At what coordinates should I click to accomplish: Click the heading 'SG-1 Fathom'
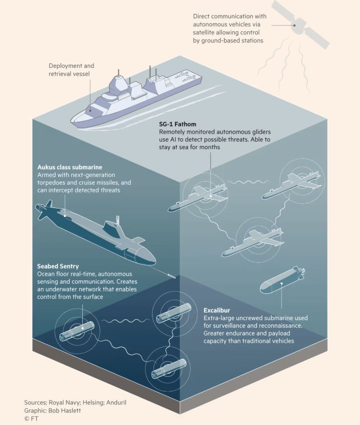coord(178,124)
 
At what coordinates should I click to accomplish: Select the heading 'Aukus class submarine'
coord(70,167)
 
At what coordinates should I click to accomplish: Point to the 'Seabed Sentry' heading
coord(58,266)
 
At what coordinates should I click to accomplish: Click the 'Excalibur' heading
coord(217,310)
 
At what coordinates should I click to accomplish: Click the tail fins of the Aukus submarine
coord(45,209)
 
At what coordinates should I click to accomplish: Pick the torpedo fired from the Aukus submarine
coord(172,276)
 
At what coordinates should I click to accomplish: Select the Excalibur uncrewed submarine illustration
coord(282,280)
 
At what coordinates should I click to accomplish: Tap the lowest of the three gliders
coord(253,242)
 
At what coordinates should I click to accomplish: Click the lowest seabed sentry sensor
coord(169,369)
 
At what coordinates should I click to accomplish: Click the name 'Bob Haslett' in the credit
coord(64,411)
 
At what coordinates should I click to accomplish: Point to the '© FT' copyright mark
coord(31,419)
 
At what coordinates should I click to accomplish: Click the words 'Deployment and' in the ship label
coord(71,66)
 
